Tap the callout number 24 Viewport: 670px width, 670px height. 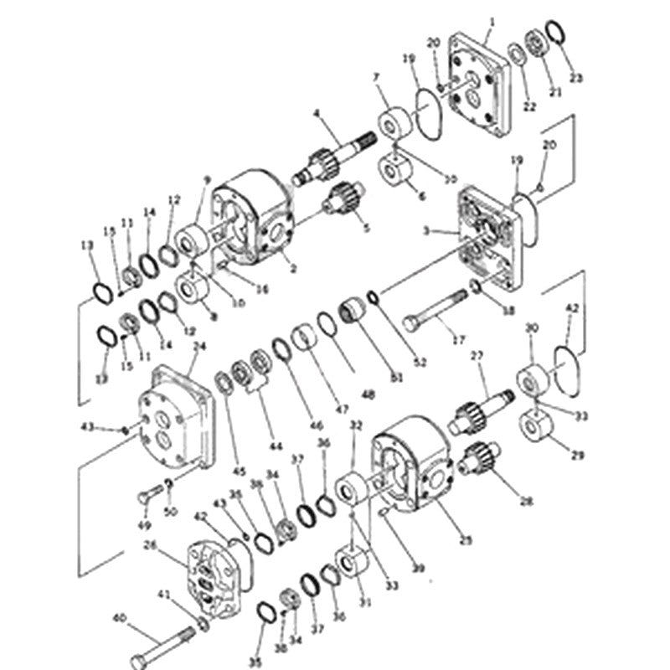(x=199, y=345)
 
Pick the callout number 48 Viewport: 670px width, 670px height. (x=368, y=393)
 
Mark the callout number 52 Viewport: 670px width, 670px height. (x=420, y=362)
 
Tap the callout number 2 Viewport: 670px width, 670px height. (x=293, y=268)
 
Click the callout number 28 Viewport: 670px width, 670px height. (x=526, y=502)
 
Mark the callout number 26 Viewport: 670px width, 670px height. (x=151, y=544)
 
